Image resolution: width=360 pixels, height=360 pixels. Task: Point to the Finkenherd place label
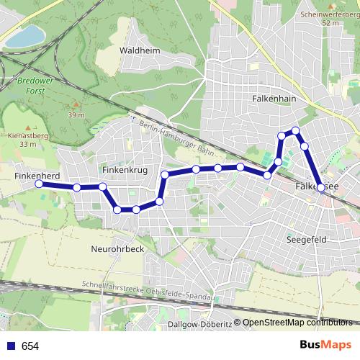tap(36, 175)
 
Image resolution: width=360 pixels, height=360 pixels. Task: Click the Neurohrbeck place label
tap(119, 248)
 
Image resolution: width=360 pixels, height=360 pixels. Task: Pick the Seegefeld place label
tap(307, 238)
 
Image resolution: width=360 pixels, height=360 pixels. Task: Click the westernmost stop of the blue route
tap(39, 184)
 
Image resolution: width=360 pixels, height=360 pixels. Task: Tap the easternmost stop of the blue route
tap(320, 187)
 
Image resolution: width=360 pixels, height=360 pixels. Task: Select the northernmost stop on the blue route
tap(295, 130)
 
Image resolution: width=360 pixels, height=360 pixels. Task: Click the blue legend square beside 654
tap(9, 346)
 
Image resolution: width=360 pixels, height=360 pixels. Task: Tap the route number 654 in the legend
tap(30, 346)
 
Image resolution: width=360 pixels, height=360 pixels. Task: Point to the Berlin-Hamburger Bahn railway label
tap(175, 138)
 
